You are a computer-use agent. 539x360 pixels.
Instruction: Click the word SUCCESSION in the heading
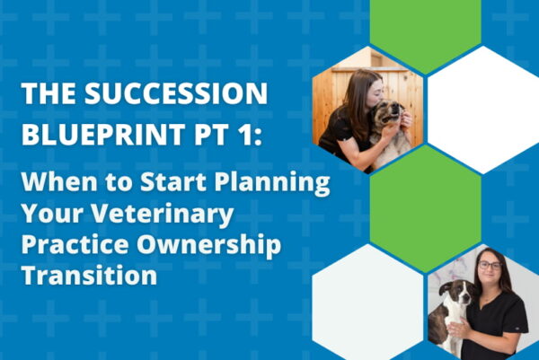pyautogui.click(x=176, y=93)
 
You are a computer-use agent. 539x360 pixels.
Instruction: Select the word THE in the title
pyautogui.click(x=49, y=93)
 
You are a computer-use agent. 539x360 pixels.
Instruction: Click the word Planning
pyautogui.click(x=272, y=182)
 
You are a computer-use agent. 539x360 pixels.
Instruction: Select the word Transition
pyautogui.click(x=89, y=275)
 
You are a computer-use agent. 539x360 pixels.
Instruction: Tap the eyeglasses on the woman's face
pyautogui.click(x=490, y=265)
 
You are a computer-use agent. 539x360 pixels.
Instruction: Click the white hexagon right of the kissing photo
pyautogui.click(x=483, y=110)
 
